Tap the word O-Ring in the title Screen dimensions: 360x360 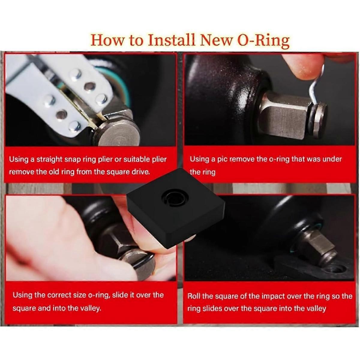coord(260,40)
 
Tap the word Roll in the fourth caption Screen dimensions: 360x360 coord(194,296)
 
